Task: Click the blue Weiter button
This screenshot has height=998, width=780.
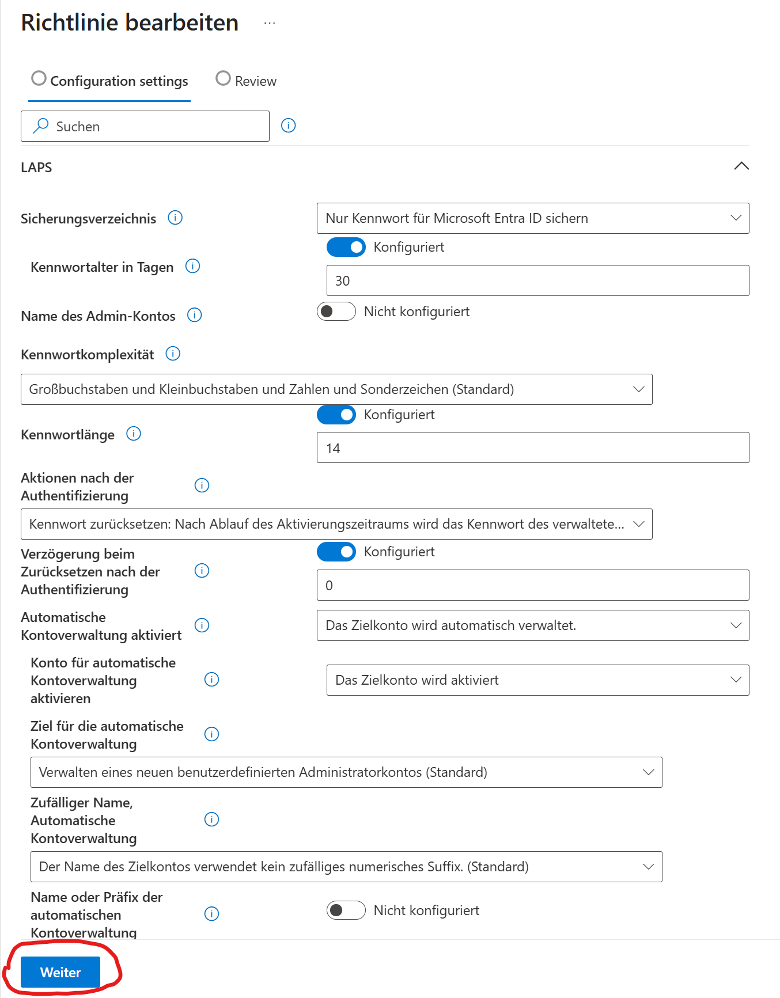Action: click(x=60, y=972)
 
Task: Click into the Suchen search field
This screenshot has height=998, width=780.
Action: click(x=156, y=126)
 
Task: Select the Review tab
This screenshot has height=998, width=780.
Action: click(x=246, y=81)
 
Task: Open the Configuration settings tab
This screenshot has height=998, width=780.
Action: click(x=110, y=81)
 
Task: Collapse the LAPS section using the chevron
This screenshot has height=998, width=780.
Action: click(x=741, y=166)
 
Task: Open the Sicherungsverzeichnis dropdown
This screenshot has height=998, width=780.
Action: click(x=532, y=218)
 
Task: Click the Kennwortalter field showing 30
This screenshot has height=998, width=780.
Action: click(x=537, y=280)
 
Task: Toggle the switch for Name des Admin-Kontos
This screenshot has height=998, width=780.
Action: click(x=336, y=312)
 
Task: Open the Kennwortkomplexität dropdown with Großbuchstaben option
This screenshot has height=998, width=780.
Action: click(x=336, y=389)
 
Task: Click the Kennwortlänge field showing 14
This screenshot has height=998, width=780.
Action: click(x=532, y=448)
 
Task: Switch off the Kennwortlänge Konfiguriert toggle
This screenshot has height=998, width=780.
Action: click(x=336, y=415)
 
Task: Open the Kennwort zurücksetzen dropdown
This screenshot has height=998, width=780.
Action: click(x=336, y=524)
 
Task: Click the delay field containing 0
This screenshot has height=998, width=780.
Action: click(x=532, y=585)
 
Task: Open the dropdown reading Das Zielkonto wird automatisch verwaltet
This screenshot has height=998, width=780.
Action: click(x=532, y=625)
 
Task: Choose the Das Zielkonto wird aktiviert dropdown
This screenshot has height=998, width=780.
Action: click(x=537, y=680)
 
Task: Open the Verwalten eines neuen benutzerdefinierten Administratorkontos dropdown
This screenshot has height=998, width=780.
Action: click(x=346, y=772)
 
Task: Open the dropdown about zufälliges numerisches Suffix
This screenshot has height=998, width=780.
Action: click(x=346, y=867)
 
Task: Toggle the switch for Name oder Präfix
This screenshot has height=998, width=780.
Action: click(x=346, y=910)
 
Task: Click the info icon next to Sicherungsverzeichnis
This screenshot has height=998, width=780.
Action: click(x=175, y=218)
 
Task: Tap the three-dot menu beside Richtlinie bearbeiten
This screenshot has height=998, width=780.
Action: click(x=270, y=23)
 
